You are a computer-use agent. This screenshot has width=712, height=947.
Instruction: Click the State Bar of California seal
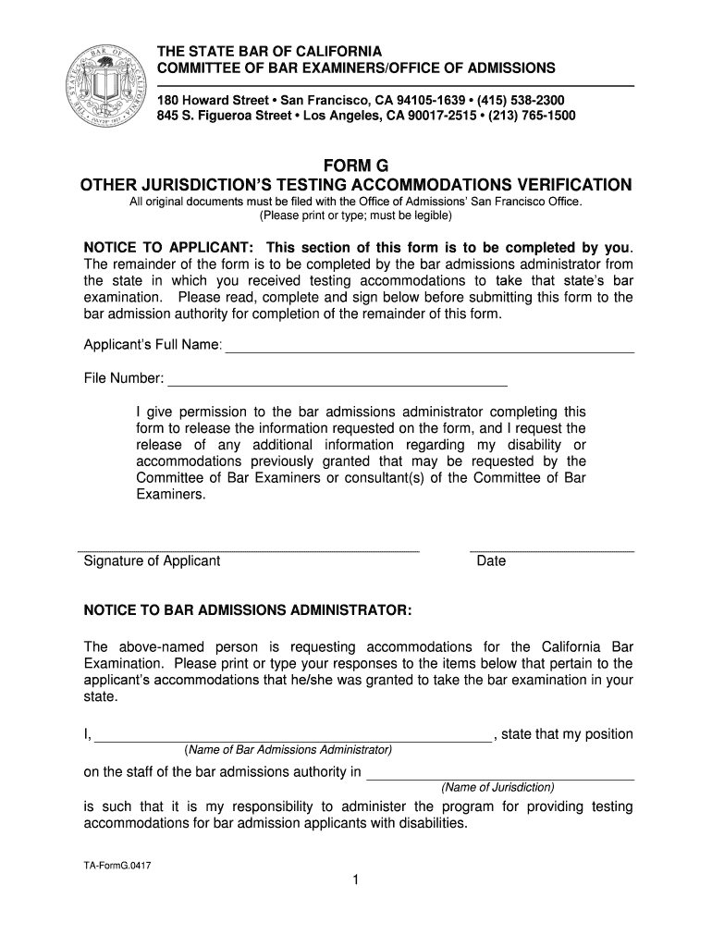107,85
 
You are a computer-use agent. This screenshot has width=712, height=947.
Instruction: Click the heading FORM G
355,166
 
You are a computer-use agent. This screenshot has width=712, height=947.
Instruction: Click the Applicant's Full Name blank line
430,346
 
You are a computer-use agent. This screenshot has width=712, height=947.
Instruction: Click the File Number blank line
338,378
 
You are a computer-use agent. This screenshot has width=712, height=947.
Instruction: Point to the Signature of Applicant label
152,561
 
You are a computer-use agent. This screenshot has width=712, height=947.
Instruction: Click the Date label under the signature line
491,561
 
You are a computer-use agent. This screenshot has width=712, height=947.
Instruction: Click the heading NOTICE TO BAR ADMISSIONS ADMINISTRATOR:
248,611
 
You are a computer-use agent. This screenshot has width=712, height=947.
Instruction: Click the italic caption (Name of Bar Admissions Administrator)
288,749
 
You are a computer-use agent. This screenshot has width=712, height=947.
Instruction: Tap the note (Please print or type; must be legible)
355,215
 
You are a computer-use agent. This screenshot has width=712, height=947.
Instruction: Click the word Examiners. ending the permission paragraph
170,495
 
